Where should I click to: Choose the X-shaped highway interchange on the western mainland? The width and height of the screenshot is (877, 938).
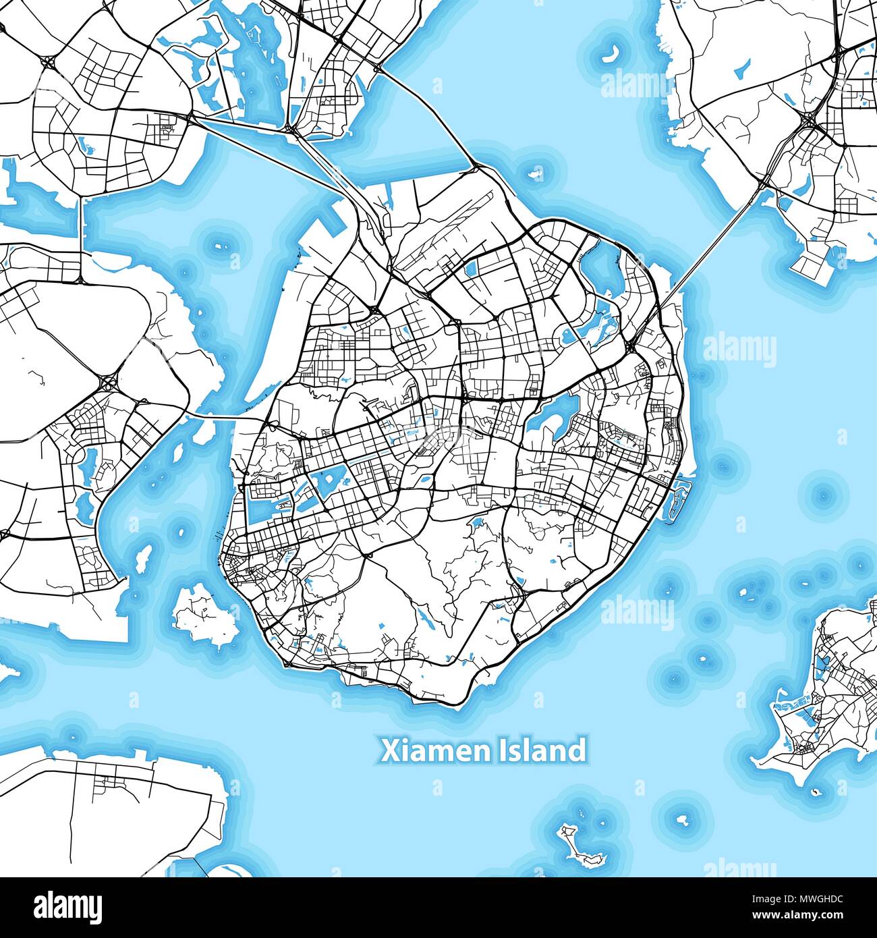coord(108,383)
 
